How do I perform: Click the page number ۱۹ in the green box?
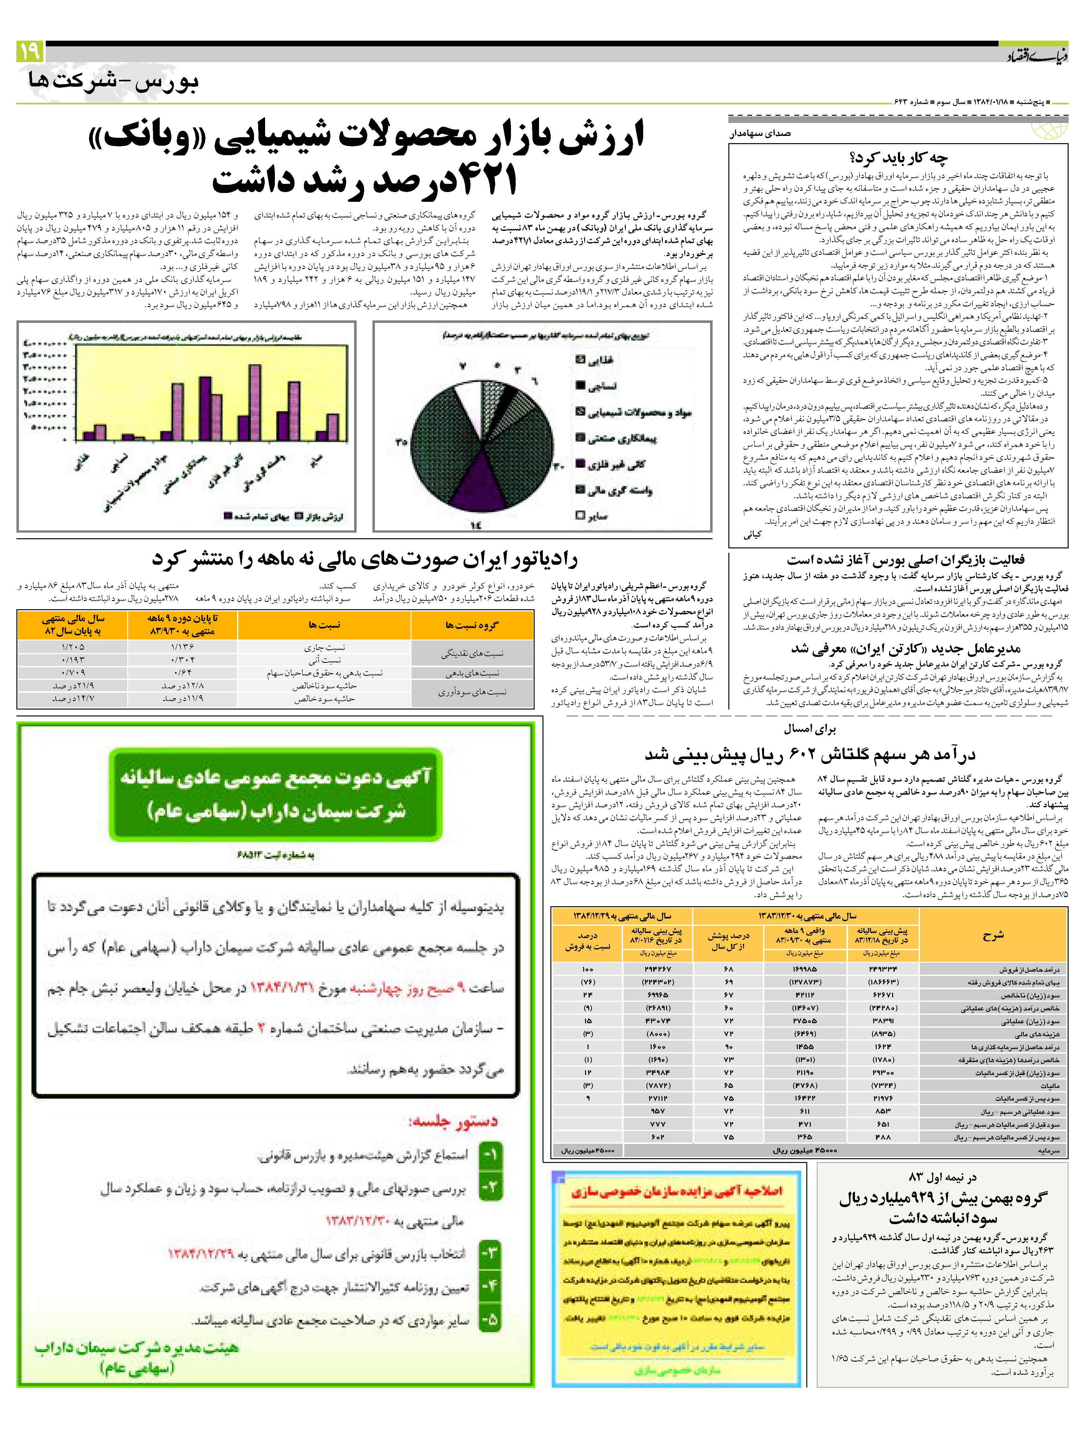pyautogui.click(x=30, y=51)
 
